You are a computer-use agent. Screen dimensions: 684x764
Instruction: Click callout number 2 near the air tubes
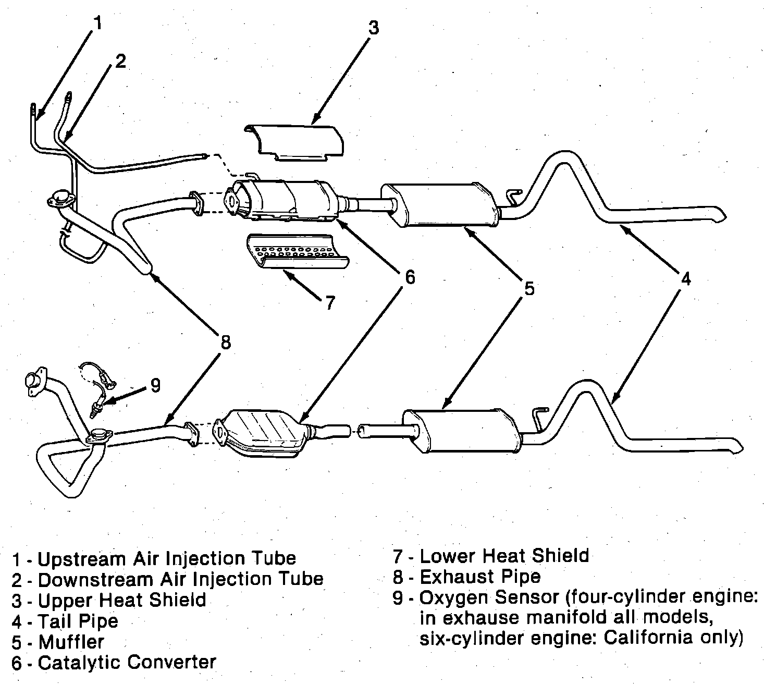pos(120,61)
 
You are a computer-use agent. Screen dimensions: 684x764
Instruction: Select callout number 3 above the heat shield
pos(374,27)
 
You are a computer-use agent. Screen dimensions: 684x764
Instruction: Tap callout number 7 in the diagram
pos(329,302)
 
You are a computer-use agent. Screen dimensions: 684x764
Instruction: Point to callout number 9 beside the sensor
pos(155,385)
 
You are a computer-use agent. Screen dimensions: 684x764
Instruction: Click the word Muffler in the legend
pos(71,642)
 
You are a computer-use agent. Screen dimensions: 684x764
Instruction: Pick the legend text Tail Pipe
pos(78,621)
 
